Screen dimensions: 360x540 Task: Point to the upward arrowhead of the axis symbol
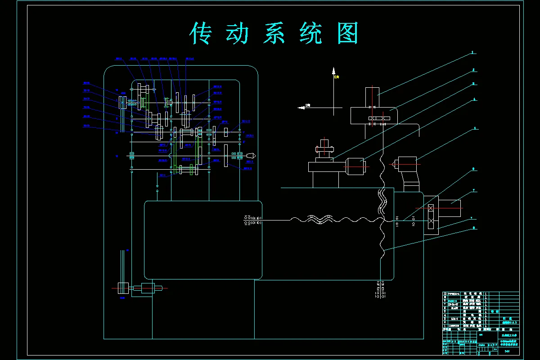coord(333,71)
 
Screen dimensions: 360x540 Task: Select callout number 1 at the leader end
coord(473,53)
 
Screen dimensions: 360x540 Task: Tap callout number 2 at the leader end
coord(474,70)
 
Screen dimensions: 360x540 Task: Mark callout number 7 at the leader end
coord(474,191)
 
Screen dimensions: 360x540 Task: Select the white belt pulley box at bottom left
coord(123,288)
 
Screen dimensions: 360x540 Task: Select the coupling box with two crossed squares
coord(431,215)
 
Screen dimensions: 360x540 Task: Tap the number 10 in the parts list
coord(445,293)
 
